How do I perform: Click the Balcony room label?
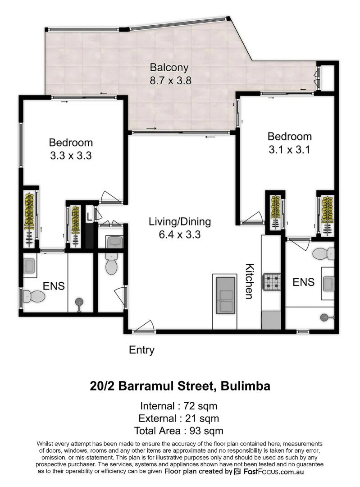pos(169,68)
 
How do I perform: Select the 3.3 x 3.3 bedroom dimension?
pos(71,156)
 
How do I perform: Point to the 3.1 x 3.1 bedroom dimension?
pos(289,149)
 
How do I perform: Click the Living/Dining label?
pos(180,222)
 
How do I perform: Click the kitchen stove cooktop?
pos(272,282)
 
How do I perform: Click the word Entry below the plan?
pos(141,350)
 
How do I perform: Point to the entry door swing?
pos(144,326)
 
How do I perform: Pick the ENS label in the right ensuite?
pos(303,282)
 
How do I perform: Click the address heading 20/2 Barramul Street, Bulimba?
pos(180,386)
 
